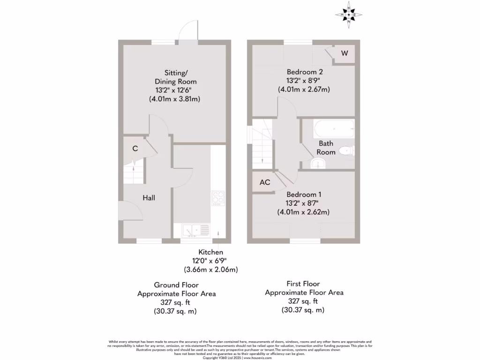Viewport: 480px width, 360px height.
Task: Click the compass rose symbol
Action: click(349, 15)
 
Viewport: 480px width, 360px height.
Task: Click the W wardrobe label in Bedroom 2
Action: click(345, 53)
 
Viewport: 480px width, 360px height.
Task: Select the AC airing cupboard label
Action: click(265, 182)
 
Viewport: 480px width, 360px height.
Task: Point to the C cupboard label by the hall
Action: click(135, 149)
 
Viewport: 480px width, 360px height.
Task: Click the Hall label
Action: click(149, 198)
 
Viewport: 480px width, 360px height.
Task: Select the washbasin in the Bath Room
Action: click(318, 164)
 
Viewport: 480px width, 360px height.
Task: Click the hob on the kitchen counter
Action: click(218, 198)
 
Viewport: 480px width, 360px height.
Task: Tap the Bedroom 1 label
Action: click(304, 195)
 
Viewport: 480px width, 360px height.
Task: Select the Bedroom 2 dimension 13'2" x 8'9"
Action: click(304, 81)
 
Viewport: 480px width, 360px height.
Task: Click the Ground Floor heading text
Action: click(176, 285)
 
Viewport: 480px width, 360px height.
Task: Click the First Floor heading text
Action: click(304, 284)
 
